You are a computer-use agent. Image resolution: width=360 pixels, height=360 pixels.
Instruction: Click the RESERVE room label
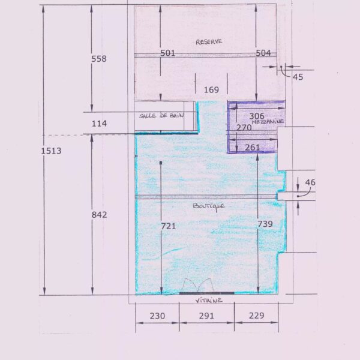coord(209,42)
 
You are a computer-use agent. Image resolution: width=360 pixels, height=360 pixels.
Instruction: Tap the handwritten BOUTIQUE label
coord(208,206)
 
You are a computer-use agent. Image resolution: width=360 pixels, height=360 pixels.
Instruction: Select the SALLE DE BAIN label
coord(161,115)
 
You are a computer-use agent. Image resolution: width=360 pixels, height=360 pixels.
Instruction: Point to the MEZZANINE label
coord(268,121)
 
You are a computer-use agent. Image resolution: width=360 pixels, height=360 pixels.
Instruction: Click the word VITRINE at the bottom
coord(209,301)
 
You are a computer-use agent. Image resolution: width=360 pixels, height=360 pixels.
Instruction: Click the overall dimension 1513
coord(51,151)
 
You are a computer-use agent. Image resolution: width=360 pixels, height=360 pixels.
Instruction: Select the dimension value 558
coord(99,59)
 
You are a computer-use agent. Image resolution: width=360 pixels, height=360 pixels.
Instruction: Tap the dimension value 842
coord(99,215)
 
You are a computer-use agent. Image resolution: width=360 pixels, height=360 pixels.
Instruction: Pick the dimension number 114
coord(99,124)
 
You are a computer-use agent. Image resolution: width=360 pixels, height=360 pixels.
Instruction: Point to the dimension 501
coord(167,53)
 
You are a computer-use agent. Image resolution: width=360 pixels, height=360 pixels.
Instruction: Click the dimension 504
coord(263,53)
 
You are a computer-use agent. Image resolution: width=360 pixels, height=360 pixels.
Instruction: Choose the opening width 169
coord(211,90)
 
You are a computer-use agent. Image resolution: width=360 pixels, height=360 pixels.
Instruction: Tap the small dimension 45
coord(298,77)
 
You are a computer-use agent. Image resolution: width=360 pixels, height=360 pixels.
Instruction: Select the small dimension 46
coord(310,182)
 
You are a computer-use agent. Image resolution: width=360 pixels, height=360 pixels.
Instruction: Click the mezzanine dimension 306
coord(257,116)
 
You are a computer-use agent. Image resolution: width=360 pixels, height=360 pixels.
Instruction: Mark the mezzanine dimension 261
coord(253,148)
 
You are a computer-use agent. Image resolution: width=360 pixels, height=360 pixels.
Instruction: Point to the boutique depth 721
coord(168,226)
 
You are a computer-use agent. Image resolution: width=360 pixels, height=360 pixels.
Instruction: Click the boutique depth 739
coord(265,224)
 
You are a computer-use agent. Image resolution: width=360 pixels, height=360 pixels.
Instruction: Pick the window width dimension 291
coord(206,316)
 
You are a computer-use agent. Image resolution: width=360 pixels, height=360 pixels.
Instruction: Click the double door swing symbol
coord(198,286)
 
